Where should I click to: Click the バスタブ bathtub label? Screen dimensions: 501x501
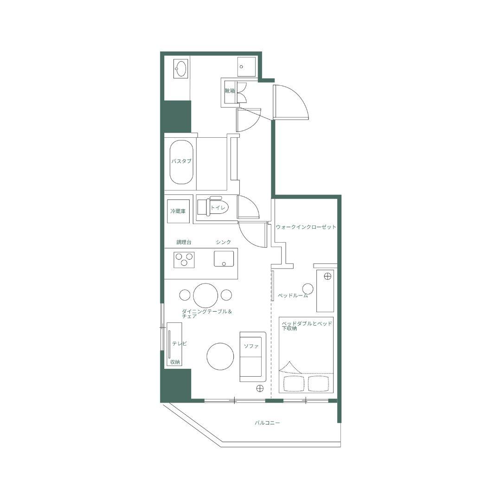[x=181, y=161]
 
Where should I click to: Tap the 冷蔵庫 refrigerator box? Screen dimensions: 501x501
[x=178, y=211]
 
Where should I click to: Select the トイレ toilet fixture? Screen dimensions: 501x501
[x=213, y=207]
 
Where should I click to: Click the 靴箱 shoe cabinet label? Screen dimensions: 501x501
[x=230, y=91]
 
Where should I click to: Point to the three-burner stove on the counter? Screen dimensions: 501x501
[x=184, y=259]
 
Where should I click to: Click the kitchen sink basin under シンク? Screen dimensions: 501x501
[x=224, y=258]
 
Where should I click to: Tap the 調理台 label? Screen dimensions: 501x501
[x=184, y=242]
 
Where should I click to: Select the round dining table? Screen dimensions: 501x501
[x=206, y=295]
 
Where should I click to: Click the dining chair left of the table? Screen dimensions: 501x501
[x=185, y=295]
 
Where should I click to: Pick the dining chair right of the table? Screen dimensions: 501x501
[x=226, y=295]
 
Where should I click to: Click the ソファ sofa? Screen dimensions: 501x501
[x=253, y=357]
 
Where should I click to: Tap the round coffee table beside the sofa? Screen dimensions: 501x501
[x=220, y=357]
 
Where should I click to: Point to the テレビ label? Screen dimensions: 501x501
[x=179, y=343]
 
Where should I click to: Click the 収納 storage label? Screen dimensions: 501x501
[x=175, y=362]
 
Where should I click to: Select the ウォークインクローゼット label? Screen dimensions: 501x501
[x=306, y=227]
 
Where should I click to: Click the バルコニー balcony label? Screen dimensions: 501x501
[x=267, y=423]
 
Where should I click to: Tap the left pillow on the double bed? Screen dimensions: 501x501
[x=293, y=383]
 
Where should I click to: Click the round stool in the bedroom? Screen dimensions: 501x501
[x=308, y=289]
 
